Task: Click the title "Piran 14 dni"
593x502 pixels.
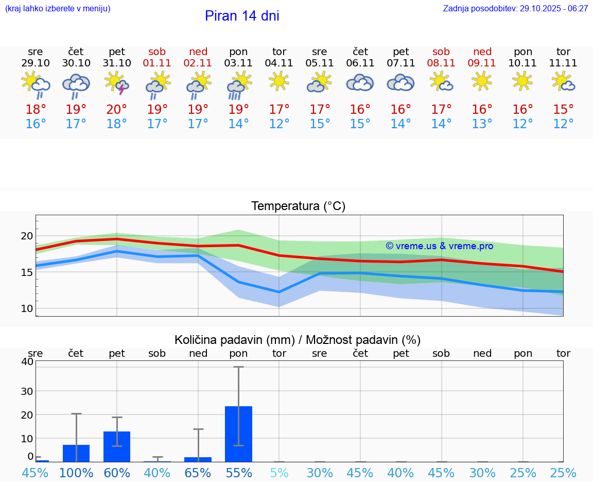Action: (x=242, y=16)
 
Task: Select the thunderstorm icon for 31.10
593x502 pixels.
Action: (x=117, y=83)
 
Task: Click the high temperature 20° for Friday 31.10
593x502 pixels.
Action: (x=117, y=110)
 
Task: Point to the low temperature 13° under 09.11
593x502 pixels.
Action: (x=482, y=124)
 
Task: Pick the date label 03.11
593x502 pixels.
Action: (x=238, y=63)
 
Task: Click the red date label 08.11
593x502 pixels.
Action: (x=441, y=63)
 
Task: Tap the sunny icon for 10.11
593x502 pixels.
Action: (x=522, y=81)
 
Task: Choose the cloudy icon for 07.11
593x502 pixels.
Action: (x=400, y=82)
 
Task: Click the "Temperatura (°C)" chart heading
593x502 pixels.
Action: (x=298, y=206)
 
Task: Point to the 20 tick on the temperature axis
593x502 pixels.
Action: (x=27, y=236)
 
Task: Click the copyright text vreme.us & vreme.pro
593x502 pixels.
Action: (x=440, y=246)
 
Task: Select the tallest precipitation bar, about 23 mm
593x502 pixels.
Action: (x=238, y=434)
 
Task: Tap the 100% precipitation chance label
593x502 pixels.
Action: (x=76, y=473)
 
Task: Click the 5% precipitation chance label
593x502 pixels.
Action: (x=279, y=473)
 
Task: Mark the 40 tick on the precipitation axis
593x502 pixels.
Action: (x=27, y=362)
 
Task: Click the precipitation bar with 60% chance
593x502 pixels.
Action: (x=117, y=446)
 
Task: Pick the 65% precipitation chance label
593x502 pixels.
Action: (x=198, y=473)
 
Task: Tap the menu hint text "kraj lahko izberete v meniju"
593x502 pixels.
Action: (x=58, y=9)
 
